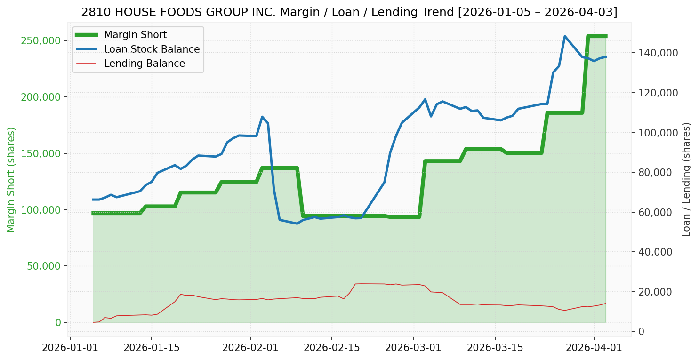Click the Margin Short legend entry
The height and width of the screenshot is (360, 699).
[x=135, y=35]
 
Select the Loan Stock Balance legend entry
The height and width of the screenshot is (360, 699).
[x=152, y=49]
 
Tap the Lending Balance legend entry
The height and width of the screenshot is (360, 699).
[x=144, y=64]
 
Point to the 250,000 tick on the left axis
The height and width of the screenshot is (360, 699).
[x=41, y=40]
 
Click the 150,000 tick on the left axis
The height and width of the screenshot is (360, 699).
[x=41, y=153]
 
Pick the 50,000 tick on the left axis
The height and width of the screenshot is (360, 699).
[x=43, y=266]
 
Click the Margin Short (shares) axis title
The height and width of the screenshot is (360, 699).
[x=11, y=180]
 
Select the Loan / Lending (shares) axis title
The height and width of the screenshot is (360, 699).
[x=687, y=180]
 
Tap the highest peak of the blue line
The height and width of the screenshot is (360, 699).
[x=564, y=36]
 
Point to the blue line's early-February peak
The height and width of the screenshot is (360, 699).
[x=262, y=117]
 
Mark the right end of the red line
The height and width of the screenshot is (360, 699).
[x=605, y=304]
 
